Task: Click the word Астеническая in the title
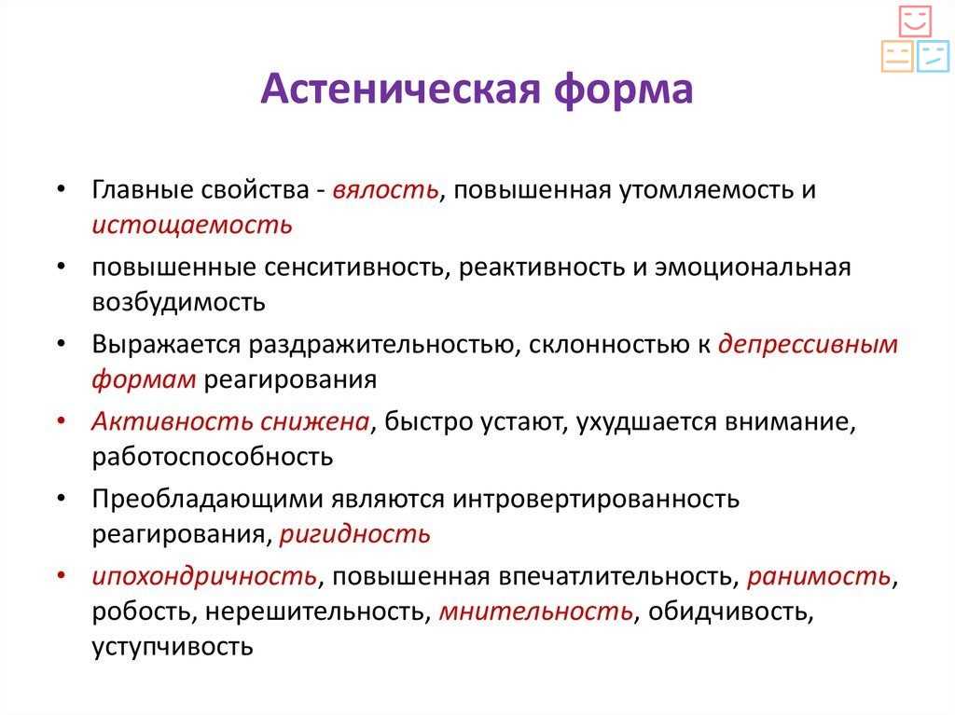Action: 401,89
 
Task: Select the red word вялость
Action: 385,190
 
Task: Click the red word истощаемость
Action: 192,226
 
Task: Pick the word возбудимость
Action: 178,301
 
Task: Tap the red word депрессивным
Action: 809,345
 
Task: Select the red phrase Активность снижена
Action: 230,421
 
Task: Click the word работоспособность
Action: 213,457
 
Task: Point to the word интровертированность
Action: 596,499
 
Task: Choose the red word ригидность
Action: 355,534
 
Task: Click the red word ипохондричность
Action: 204,576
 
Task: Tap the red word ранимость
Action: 819,576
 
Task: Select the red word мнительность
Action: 536,611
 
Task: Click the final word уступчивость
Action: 173,646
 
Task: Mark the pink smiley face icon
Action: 915,21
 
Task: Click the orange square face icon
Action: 897,56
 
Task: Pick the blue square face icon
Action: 933,56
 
